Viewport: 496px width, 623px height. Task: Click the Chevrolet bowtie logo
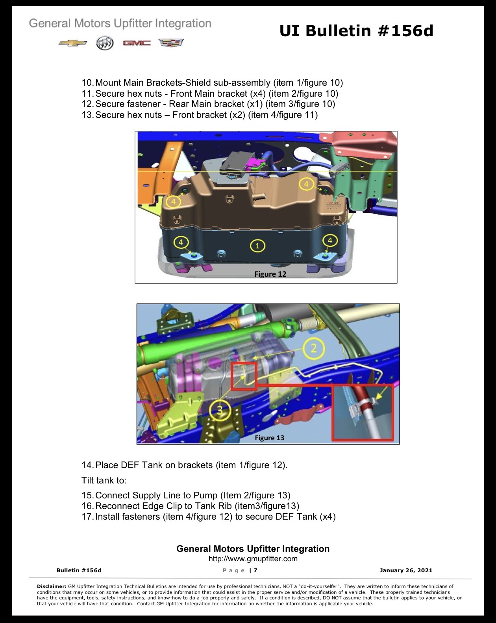click(x=73, y=43)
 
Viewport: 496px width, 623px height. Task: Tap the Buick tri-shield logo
click(x=105, y=43)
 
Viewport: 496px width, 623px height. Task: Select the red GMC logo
click(x=137, y=43)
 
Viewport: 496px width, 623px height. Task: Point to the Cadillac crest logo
click(x=171, y=43)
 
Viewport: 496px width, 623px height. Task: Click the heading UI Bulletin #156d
click(x=356, y=31)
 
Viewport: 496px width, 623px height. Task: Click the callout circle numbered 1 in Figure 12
click(x=257, y=246)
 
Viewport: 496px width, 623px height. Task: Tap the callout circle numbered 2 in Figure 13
click(x=314, y=348)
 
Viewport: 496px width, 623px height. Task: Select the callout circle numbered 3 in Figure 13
click(x=220, y=410)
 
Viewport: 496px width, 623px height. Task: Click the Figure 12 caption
click(x=270, y=274)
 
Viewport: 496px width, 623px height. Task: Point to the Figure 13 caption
click(x=270, y=438)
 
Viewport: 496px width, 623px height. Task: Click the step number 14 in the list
click(x=87, y=465)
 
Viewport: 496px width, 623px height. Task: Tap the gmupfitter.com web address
click(x=253, y=559)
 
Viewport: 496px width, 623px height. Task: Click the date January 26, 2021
click(x=406, y=570)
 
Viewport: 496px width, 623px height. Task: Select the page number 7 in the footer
click(x=255, y=570)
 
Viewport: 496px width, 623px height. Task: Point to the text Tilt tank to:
click(x=104, y=480)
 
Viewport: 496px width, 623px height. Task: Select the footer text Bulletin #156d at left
click(x=79, y=570)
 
